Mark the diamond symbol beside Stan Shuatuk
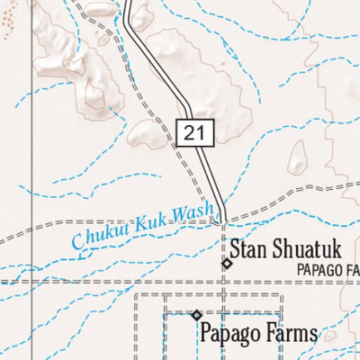pos(227,264)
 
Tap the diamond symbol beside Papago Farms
pos(197,315)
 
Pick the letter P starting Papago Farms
pos(207,333)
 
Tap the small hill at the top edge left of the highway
pos(99,11)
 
